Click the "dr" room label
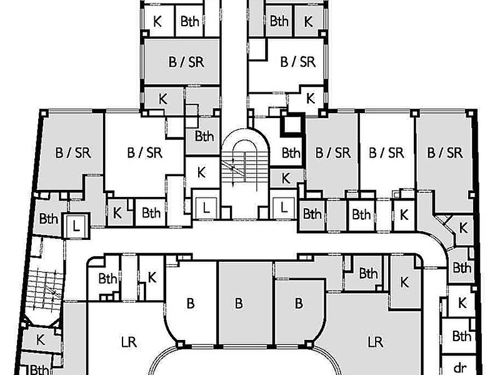pos(460,367)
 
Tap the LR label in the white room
pos(129,342)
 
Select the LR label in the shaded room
pos(376,342)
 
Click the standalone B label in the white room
pos(191,303)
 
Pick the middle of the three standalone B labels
pos(239,303)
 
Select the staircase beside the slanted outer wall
pos(44,289)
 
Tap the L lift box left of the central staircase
pos(206,208)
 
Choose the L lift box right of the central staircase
pos(284,208)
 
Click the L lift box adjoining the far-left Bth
pos(76,226)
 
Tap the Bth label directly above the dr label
pos(461,336)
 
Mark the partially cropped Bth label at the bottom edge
pos(39,370)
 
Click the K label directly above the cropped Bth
pos(40,340)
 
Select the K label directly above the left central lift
pos(201,172)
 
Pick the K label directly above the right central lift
pos(286,178)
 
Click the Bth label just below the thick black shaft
pos(291,153)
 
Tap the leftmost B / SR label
pos(73,152)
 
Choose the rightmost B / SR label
pos(445,152)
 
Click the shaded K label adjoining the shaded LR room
pos(404,282)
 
